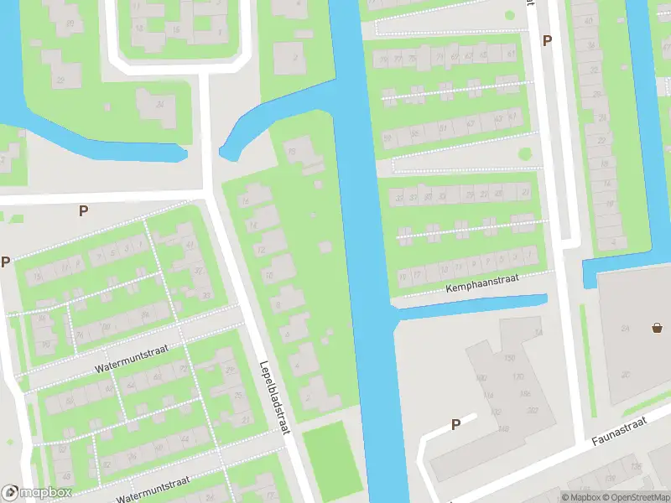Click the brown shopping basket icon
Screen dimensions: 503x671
coord(657,328)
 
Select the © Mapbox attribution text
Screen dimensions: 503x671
coord(580,497)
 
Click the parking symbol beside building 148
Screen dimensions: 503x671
coord(455,424)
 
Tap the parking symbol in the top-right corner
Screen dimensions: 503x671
coord(547,40)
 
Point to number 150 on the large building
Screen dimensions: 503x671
coord(508,359)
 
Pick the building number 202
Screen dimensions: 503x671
coord(532,410)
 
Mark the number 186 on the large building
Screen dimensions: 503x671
coord(525,393)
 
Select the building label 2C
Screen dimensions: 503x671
coord(626,374)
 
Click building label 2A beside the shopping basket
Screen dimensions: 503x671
coord(625,328)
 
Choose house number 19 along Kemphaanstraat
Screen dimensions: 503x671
coord(402,275)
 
